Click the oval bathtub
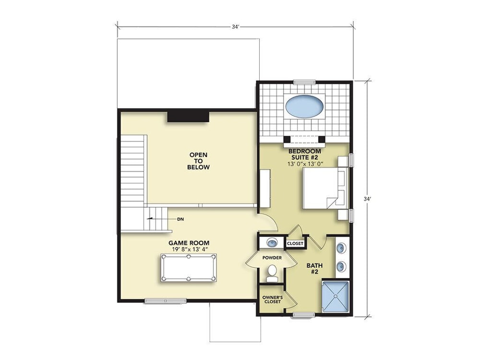pyautogui.click(x=304, y=106)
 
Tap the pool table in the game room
pyautogui.click(x=188, y=267)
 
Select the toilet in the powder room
pyautogui.click(x=272, y=274)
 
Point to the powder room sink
pyautogui.click(x=272, y=243)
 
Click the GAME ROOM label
pyautogui.click(x=189, y=243)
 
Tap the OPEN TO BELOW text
pyautogui.click(x=198, y=161)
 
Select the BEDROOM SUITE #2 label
pyautogui.click(x=305, y=154)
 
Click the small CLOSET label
pyautogui.click(x=295, y=243)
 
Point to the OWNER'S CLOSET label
pyautogui.click(x=273, y=300)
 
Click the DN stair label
pyautogui.click(x=180, y=219)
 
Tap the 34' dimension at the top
pyautogui.click(x=235, y=26)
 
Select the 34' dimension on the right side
pyautogui.click(x=367, y=199)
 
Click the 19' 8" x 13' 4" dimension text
pyautogui.click(x=190, y=249)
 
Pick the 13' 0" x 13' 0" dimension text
pyautogui.click(x=305, y=164)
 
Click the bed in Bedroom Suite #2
pyautogui.click(x=325, y=188)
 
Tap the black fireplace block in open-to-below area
pyautogui.click(x=188, y=117)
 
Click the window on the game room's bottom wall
pyautogui.click(x=165, y=301)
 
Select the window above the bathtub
pyautogui.click(x=304, y=82)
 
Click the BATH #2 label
pyautogui.click(x=314, y=268)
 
